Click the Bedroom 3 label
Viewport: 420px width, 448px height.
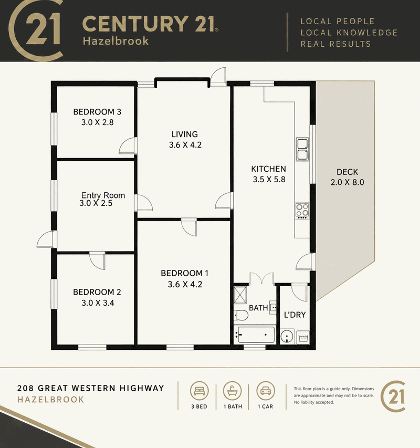(97, 112)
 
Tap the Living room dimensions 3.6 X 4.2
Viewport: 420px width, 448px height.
(185, 145)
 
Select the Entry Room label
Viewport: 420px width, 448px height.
(103, 195)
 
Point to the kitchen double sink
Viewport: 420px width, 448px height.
(302, 149)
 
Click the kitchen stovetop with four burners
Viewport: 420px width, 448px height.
(302, 211)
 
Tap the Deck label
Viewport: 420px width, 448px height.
(347, 172)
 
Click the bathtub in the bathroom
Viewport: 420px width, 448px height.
(255, 335)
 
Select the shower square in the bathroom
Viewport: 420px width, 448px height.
(240, 295)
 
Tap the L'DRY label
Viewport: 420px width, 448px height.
(295, 315)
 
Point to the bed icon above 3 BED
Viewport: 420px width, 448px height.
(199, 391)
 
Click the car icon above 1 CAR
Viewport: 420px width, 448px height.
(266, 391)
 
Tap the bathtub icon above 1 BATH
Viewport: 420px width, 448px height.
(233, 391)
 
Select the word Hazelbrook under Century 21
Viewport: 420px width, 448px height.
(115, 41)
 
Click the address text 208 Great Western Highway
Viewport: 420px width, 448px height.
(91, 388)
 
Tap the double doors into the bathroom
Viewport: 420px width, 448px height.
(262, 278)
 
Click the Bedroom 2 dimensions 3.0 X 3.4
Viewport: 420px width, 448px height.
(98, 303)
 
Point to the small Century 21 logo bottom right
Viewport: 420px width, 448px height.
(393, 397)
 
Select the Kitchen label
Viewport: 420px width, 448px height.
(268, 169)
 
